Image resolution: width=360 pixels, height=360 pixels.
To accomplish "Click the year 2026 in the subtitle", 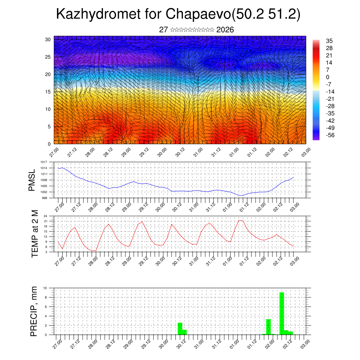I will pyautogui.click(x=225, y=30).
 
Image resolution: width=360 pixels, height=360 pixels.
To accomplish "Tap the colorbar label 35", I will pyautogui.click(x=329, y=41).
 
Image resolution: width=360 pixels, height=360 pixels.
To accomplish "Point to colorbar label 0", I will pyautogui.click(x=328, y=77).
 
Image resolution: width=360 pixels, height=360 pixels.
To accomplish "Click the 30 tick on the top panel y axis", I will pyautogui.click(x=48, y=39).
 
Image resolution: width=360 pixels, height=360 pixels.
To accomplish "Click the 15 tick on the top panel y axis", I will pyautogui.click(x=48, y=92).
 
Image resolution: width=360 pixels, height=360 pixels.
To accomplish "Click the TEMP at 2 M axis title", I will pyautogui.click(x=34, y=233).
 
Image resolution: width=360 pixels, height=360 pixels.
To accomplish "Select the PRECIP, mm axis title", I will pyautogui.click(x=34, y=311).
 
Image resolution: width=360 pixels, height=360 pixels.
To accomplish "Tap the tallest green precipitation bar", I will pyautogui.click(x=282, y=313).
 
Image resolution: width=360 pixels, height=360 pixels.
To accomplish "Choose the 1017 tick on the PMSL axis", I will pyautogui.click(x=44, y=162).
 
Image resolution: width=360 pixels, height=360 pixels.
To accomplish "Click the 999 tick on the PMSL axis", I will pyautogui.click(x=45, y=198).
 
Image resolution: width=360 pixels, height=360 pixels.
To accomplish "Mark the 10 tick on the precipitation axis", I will pyautogui.click(x=45, y=288).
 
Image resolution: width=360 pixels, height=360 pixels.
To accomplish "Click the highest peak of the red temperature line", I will pyautogui.click(x=239, y=220).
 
